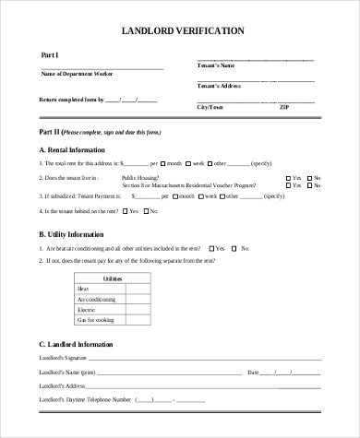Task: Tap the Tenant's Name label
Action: click(x=216, y=66)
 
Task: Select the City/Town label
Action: click(x=210, y=107)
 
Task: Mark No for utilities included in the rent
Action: click(x=234, y=248)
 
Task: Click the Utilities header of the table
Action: click(x=113, y=278)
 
